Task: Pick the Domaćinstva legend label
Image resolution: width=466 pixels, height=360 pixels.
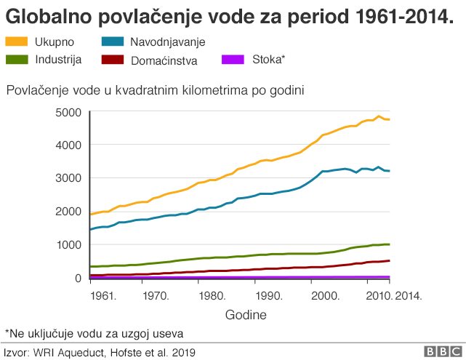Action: coord(164,60)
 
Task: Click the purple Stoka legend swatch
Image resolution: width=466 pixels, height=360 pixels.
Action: coord(233,59)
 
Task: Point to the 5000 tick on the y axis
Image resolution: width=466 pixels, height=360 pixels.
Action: coord(68,112)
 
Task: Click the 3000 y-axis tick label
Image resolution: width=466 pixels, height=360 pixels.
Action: coord(68,178)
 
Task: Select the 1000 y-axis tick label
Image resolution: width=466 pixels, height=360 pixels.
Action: coord(68,244)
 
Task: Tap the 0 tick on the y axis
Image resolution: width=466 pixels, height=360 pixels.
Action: coord(76,278)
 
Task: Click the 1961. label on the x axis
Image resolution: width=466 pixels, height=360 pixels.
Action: coord(103,296)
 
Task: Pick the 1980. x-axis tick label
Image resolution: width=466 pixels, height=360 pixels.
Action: coord(211,296)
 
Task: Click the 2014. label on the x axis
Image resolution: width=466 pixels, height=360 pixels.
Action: coord(408,296)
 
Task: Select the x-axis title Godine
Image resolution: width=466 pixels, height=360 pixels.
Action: coord(245,315)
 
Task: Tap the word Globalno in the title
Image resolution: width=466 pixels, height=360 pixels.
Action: coord(44,16)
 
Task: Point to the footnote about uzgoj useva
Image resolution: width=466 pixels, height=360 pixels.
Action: coord(95,333)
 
